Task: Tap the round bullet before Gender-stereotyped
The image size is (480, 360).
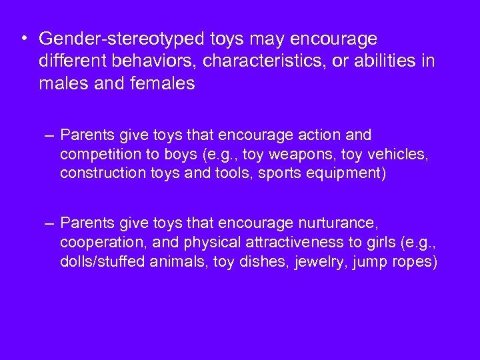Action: click(24, 38)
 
